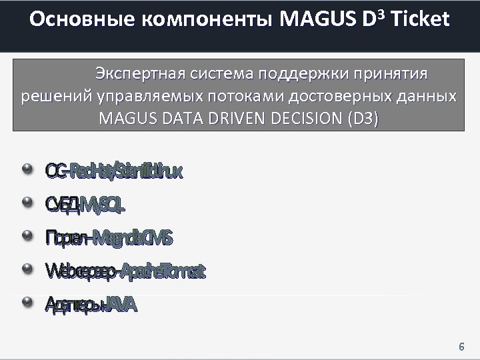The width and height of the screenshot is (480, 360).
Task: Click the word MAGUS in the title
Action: (317, 19)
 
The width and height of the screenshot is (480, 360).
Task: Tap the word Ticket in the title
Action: (421, 19)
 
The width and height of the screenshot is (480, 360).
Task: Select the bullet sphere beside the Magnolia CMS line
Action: (27, 236)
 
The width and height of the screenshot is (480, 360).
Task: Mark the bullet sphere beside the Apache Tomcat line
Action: (27, 269)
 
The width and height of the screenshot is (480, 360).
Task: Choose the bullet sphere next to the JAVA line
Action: (27, 303)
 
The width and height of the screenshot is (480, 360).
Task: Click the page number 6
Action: (461, 347)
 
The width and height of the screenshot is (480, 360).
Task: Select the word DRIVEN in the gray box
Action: (230, 119)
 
